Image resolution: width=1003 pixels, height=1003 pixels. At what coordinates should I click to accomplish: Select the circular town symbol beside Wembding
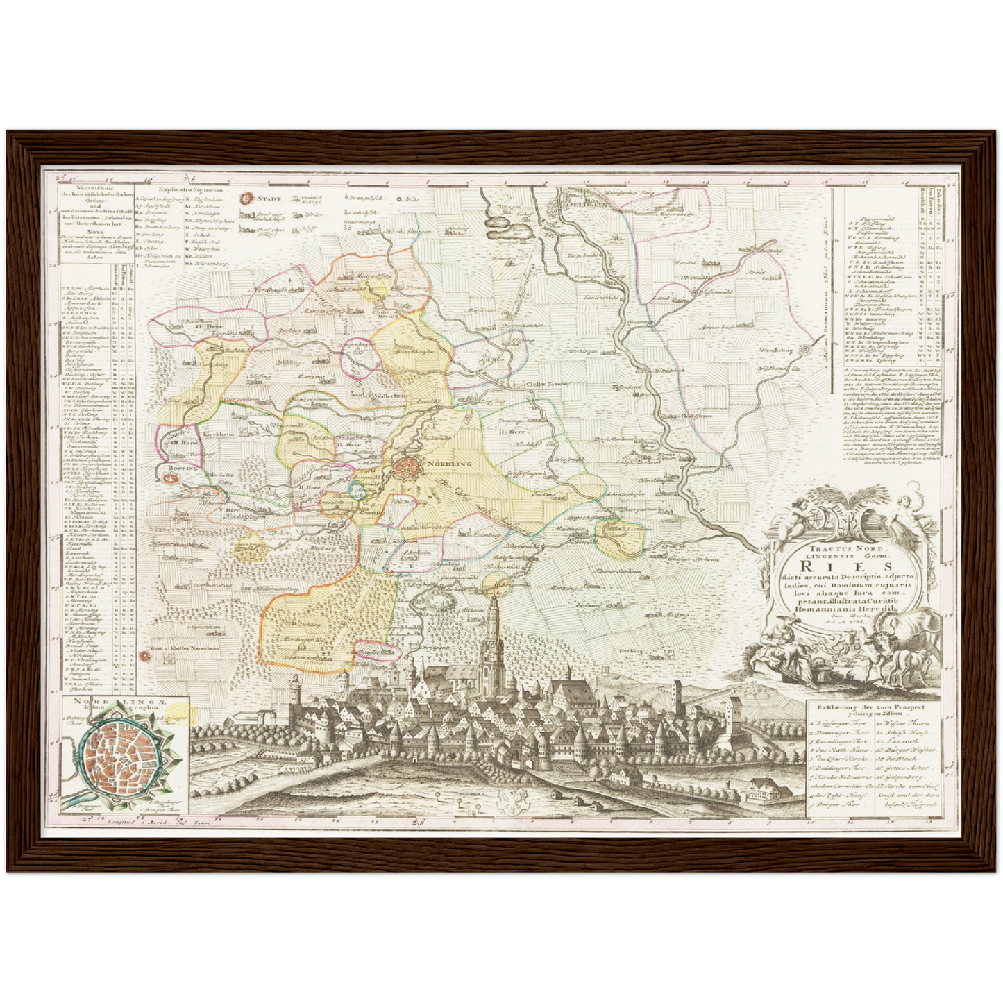click(x=804, y=350)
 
